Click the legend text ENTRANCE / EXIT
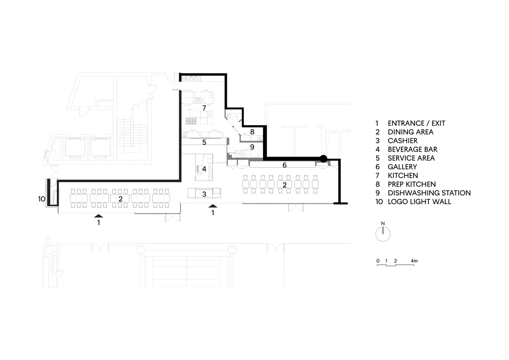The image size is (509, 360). [x=416, y=123]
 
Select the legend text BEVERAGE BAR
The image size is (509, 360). [x=413, y=150]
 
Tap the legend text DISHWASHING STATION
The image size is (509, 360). [x=429, y=193]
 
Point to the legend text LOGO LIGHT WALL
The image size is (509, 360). [x=420, y=202]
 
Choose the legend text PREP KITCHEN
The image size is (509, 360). [x=412, y=184]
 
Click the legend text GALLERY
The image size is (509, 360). [x=402, y=167]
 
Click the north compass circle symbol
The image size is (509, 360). [x=383, y=234]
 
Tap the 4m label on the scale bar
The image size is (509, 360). [x=414, y=261]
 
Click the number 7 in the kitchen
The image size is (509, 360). [x=204, y=108]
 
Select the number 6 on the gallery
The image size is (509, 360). [x=285, y=165]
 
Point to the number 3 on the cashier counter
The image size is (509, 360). [x=204, y=194]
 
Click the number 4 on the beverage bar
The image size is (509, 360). [x=204, y=169]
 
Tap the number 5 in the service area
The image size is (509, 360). [x=204, y=143]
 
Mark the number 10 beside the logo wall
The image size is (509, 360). [x=42, y=199]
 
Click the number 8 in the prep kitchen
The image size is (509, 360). [x=252, y=132]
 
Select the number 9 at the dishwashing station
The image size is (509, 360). [x=252, y=147]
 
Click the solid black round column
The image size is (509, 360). [x=323, y=159]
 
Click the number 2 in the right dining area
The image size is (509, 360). [x=285, y=185]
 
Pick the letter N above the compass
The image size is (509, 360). [x=383, y=223]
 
